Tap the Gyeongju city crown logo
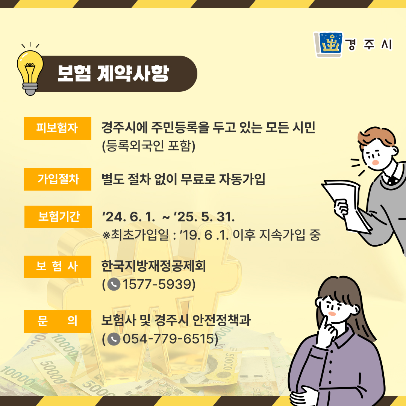pyautogui.click(x=328, y=44)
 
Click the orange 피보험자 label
pyautogui.click(x=58, y=129)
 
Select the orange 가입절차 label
pyautogui.click(x=58, y=179)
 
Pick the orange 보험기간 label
pyautogui.click(x=58, y=217)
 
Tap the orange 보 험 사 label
pyautogui.click(x=58, y=267)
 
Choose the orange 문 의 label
pyautogui.click(x=58, y=321)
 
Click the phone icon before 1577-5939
pyautogui.click(x=114, y=284)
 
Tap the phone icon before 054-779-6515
pyautogui.click(x=114, y=339)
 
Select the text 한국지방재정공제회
pyautogui.click(x=153, y=266)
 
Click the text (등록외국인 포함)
pyautogui.click(x=148, y=146)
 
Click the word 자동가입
pyautogui.click(x=242, y=179)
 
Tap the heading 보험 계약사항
pyautogui.click(x=113, y=74)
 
